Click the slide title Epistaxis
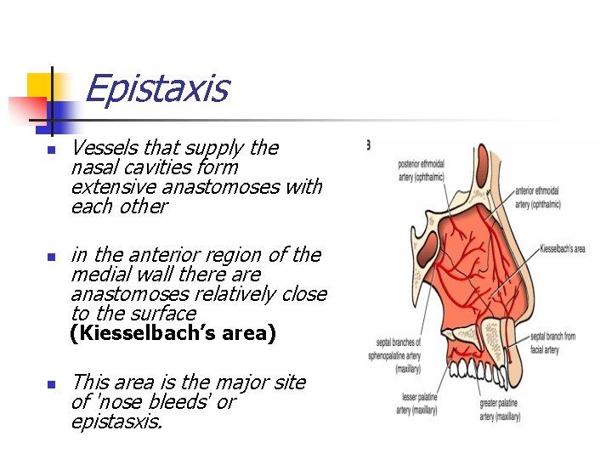point(156,88)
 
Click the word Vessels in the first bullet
point(103,148)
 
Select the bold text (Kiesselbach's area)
point(173,333)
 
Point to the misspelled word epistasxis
point(116,422)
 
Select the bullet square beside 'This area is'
point(50,384)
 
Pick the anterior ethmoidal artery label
point(537,198)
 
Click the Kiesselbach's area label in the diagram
point(563,249)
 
